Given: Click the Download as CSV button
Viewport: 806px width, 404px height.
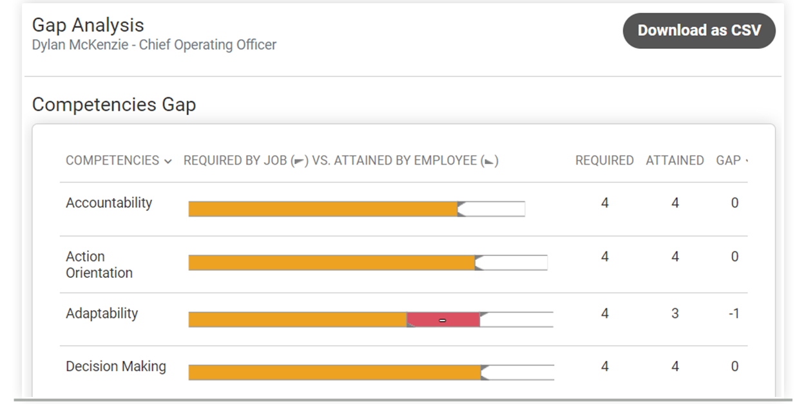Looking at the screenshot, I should point(699,30).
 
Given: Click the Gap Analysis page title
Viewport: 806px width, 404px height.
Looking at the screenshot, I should point(88,25).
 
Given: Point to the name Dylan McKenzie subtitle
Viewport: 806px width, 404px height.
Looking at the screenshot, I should point(154,45).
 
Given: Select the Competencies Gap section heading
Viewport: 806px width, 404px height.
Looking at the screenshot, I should point(114,105).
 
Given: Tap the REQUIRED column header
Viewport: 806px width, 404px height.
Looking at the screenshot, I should point(604,160).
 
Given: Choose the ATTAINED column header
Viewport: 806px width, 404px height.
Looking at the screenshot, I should point(675,160).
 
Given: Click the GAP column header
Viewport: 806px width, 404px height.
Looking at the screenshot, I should point(729,160).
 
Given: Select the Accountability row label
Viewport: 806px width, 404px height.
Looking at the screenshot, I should point(109,203).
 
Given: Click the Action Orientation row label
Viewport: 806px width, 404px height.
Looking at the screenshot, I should point(99,264).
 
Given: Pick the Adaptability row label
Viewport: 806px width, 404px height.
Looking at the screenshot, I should point(102,313).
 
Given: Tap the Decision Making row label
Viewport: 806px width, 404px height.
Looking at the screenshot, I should point(116,366).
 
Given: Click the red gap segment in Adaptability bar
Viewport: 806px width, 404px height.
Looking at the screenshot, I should point(443,320).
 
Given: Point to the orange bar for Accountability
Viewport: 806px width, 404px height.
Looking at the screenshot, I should point(323,209).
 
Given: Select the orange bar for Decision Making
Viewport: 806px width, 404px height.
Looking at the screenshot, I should point(334,372).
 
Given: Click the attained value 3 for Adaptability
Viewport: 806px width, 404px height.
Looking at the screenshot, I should point(675,314).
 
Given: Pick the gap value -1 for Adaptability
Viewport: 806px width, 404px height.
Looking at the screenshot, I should point(734,314).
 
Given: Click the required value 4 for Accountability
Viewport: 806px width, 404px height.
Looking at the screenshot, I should point(604,203).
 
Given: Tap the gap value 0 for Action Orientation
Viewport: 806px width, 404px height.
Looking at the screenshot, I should point(734,257).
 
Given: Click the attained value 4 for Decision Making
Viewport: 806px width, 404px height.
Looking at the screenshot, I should point(675,367).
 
